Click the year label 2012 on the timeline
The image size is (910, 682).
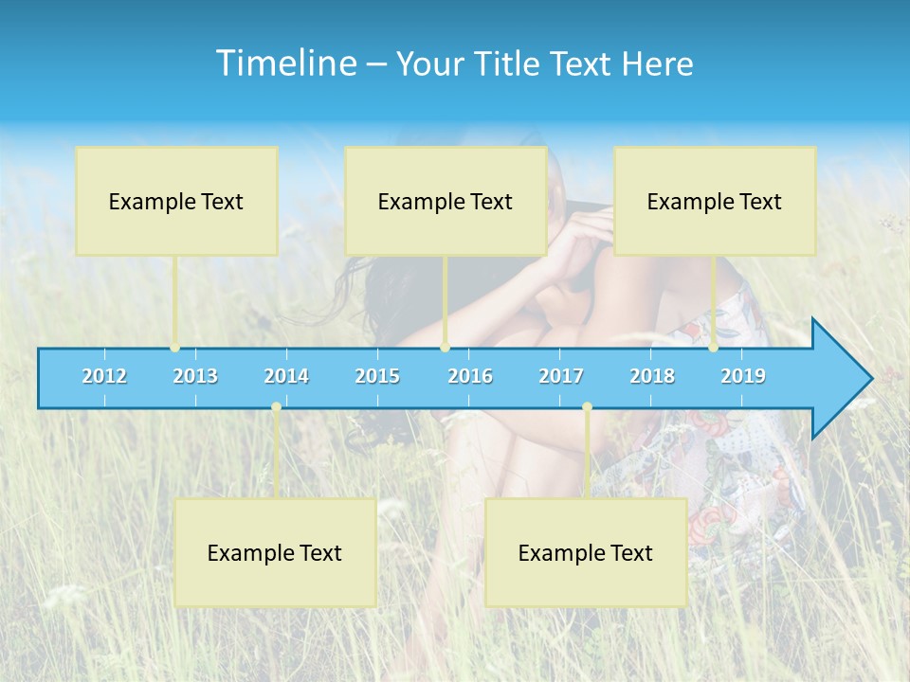104,376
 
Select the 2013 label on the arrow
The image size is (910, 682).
195,376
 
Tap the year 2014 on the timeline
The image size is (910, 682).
286,376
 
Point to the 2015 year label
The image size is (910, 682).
377,376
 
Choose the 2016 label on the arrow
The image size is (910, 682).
470,376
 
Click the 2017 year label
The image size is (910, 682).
561,376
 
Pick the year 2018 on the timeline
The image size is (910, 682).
652,376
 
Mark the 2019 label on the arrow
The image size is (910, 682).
743,376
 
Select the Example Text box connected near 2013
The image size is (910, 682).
176,201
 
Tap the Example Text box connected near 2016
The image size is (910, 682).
446,201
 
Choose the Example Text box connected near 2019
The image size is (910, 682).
715,201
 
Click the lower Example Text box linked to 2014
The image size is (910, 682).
275,552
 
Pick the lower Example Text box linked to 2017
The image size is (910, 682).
586,552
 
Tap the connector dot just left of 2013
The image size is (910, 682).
174,348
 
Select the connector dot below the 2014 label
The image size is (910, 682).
276,407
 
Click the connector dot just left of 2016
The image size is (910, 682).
445,348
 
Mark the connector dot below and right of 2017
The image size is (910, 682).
587,407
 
